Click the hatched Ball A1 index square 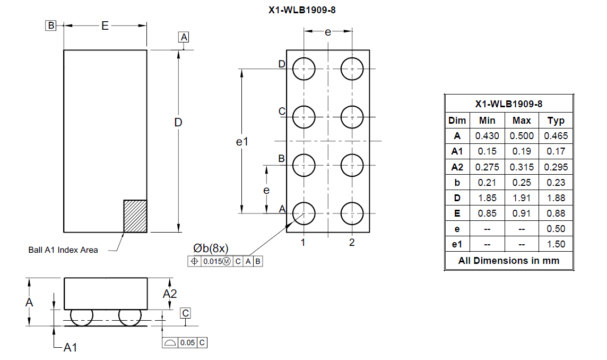(135, 216)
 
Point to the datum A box (184, 37)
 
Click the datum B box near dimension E (51, 25)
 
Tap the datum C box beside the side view (185, 313)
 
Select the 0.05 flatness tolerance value (187, 342)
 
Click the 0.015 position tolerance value (213, 262)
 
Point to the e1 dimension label (242, 142)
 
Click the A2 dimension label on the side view (170, 294)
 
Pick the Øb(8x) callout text (211, 248)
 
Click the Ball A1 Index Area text (63, 250)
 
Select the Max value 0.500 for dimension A (522, 136)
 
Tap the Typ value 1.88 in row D (556, 198)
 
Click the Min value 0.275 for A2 (487, 167)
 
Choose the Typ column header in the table (556, 121)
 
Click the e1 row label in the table (457, 244)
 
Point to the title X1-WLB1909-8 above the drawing (302, 10)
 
